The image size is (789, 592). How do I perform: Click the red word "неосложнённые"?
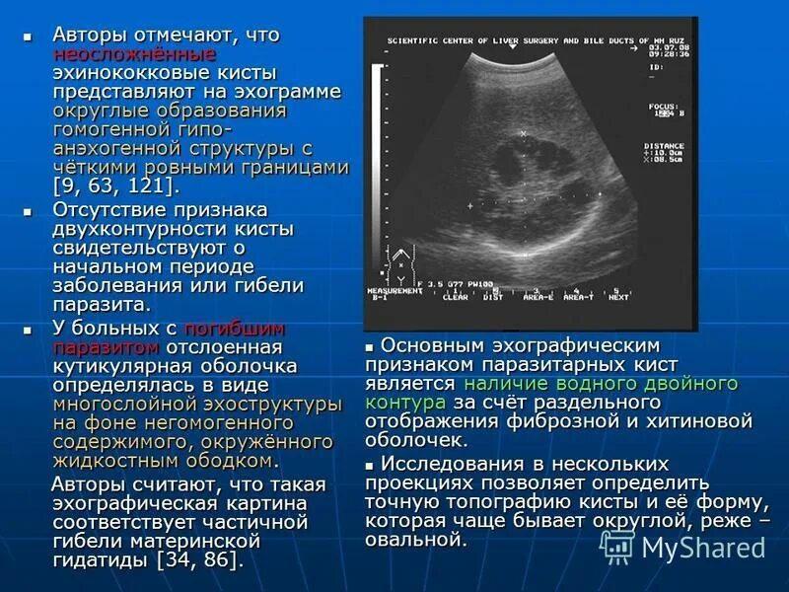[x=134, y=54]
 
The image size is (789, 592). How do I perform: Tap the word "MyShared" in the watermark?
[x=702, y=547]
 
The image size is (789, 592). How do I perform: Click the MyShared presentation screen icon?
[x=617, y=546]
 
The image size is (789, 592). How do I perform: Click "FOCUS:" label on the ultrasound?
[x=663, y=104]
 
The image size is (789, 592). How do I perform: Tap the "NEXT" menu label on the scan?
[x=618, y=296]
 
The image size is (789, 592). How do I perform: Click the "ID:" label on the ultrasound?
[x=656, y=67]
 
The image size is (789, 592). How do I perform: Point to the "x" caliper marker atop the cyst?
[x=523, y=132]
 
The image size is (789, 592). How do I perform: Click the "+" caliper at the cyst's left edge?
[x=470, y=206]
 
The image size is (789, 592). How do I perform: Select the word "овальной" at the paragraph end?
[x=413, y=540]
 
